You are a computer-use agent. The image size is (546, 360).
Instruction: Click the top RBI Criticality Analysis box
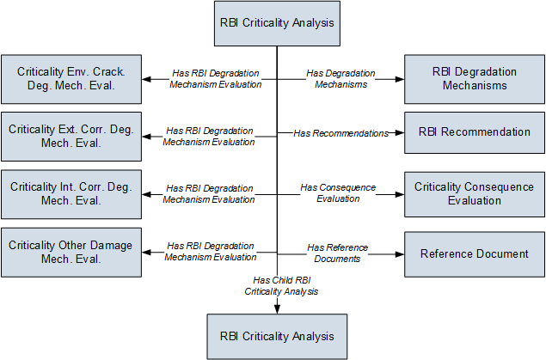[277, 23]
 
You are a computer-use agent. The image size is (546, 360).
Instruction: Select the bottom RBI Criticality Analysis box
[277, 336]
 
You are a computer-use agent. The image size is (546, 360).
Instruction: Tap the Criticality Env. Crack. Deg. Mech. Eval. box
[71, 79]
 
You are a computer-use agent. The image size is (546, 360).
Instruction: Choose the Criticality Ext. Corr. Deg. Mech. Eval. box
[71, 137]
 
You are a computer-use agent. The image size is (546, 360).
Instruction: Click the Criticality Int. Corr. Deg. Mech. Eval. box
[71, 194]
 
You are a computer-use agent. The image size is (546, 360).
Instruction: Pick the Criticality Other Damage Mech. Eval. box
[71, 253]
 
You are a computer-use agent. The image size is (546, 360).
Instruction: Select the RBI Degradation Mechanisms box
[475, 79]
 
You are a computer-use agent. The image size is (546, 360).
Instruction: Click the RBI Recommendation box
[475, 132]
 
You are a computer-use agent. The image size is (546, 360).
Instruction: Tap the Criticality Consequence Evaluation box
[475, 194]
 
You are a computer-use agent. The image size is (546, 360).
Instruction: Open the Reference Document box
[475, 254]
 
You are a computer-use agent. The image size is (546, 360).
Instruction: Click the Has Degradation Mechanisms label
[340, 79]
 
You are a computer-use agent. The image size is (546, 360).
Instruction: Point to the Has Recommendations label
[340, 133]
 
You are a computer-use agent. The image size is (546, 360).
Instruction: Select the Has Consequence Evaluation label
[338, 193]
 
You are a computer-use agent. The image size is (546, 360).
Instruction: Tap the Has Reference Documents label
[337, 253]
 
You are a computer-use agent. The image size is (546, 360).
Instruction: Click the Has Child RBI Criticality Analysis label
[281, 285]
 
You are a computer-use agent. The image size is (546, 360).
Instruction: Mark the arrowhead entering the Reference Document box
[400, 254]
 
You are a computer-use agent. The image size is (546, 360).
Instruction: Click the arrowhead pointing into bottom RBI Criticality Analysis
[277, 309]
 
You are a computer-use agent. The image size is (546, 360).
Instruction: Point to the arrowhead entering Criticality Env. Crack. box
[146, 79]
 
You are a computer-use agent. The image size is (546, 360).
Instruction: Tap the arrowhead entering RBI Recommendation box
[400, 132]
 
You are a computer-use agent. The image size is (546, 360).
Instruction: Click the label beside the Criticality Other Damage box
[211, 252]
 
